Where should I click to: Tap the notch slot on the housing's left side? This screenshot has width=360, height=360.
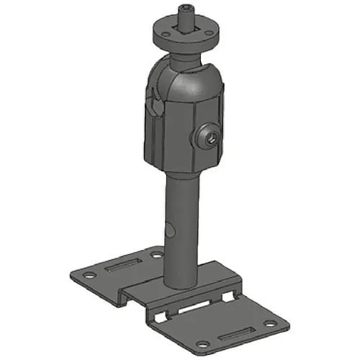pyautogui.click(x=155, y=108)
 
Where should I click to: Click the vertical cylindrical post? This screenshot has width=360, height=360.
pyautogui.click(x=179, y=216)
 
